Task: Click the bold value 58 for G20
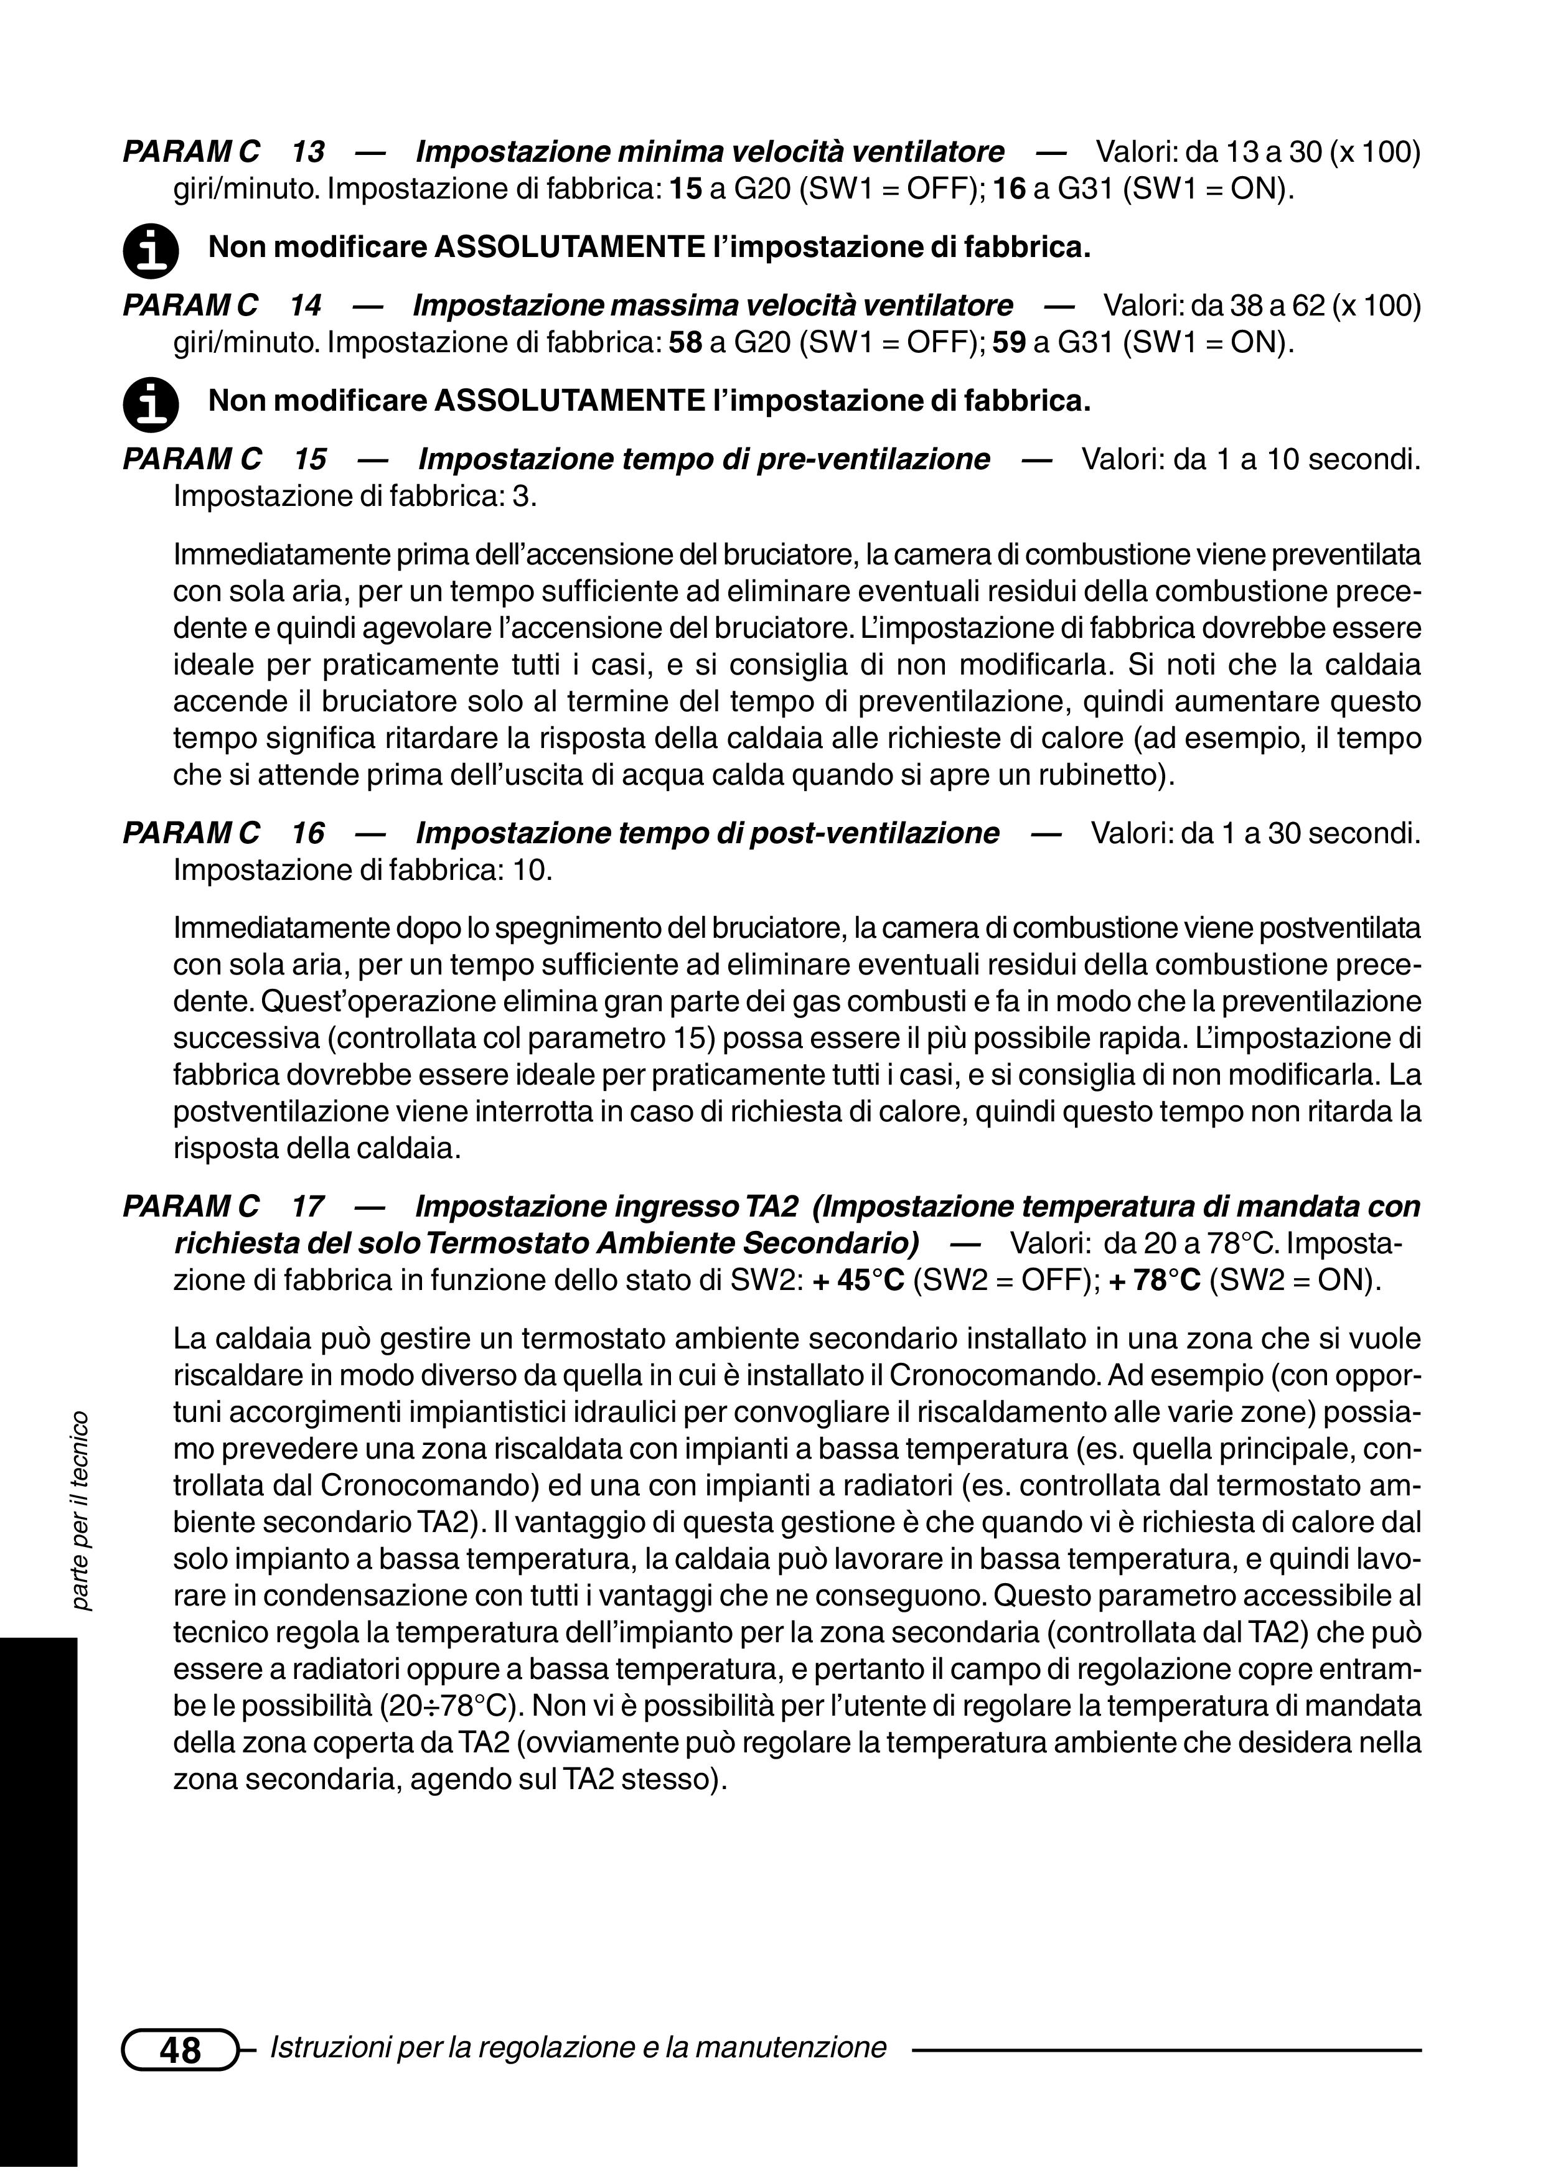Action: tap(685, 342)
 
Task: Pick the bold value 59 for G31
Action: tap(1009, 342)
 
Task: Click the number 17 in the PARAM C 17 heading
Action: tap(307, 1207)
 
